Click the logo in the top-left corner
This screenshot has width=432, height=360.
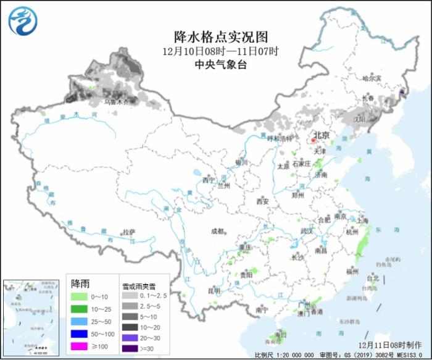tap(22, 20)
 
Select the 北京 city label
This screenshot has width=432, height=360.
tap(321, 135)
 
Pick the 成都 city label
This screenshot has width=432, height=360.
tap(217, 231)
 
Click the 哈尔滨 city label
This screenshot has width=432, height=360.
tap(372, 78)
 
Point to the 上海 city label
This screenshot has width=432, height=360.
tap(362, 220)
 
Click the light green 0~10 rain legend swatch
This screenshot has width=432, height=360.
tap(78, 296)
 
